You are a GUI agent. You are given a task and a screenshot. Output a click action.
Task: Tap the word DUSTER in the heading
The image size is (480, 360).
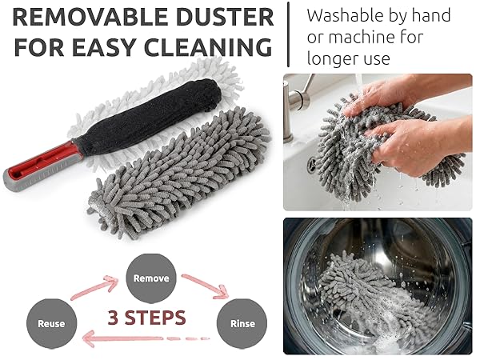pos(218,17)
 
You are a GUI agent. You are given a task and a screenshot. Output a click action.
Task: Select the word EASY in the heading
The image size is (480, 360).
pos(114,46)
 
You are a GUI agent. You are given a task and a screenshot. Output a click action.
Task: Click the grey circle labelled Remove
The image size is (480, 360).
pos(150,278)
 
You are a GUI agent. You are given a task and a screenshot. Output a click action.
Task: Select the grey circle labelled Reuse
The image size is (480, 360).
pos(51,323)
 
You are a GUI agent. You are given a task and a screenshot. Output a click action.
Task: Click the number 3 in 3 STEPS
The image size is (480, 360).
pos(114,317)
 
